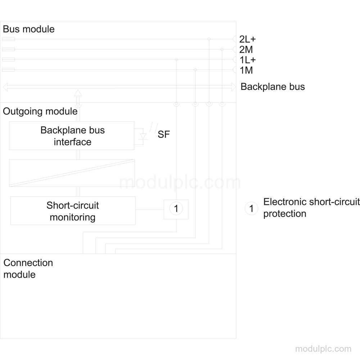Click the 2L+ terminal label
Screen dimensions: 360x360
pyautogui.click(x=247, y=39)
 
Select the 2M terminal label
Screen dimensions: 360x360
pyautogui.click(x=246, y=50)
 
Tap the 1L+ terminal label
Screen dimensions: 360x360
pyautogui.click(x=248, y=60)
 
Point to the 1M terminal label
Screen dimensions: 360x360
pyautogui.click(x=246, y=70)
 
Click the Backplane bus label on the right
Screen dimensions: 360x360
pyautogui.click(x=273, y=87)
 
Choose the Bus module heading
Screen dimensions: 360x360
pyautogui.click(x=29, y=29)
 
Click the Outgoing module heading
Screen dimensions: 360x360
pyautogui.click(x=40, y=111)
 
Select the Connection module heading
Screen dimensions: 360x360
pyautogui.click(x=28, y=269)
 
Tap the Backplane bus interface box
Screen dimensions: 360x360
pyautogui.click(x=72, y=136)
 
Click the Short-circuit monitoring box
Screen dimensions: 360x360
pyautogui.click(x=73, y=211)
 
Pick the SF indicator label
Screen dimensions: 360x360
pyautogui.click(x=164, y=135)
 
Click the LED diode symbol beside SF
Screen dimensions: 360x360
pyautogui.click(x=143, y=136)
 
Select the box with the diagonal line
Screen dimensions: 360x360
pyautogui.click(x=72, y=173)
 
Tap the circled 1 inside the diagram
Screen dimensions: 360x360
pyautogui.click(x=176, y=209)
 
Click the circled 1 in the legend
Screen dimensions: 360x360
pyautogui.click(x=251, y=209)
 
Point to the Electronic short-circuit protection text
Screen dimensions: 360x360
pyautogui.click(x=311, y=208)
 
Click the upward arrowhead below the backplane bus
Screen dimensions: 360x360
pyautogui.click(x=78, y=93)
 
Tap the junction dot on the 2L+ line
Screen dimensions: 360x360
pyautogui.click(x=209, y=39)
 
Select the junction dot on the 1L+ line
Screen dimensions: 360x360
pyautogui.click(x=176, y=59)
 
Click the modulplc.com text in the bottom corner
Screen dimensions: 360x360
pyautogui.click(x=323, y=349)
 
